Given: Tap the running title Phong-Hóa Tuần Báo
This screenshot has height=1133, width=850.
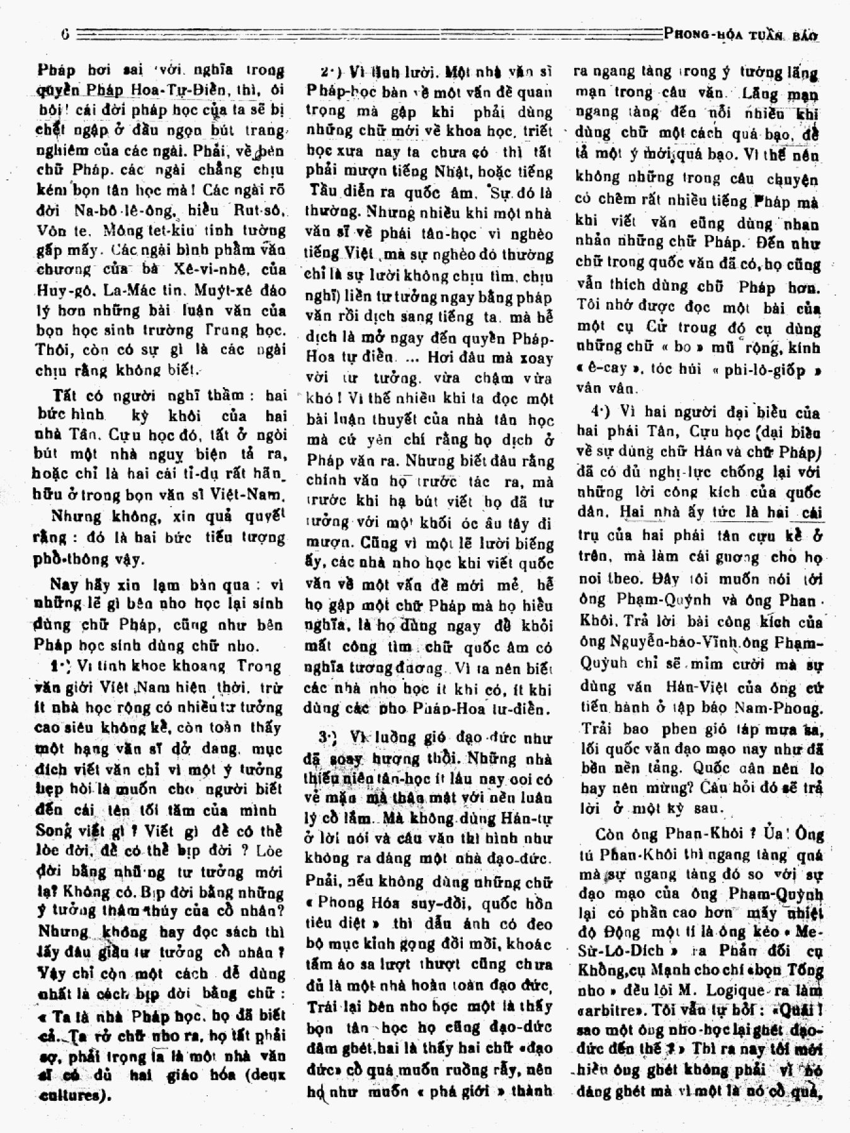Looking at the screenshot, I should pos(741,35).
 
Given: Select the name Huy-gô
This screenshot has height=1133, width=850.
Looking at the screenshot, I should pos(57,290).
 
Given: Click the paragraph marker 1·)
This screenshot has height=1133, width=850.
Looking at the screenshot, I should pos(61,665).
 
